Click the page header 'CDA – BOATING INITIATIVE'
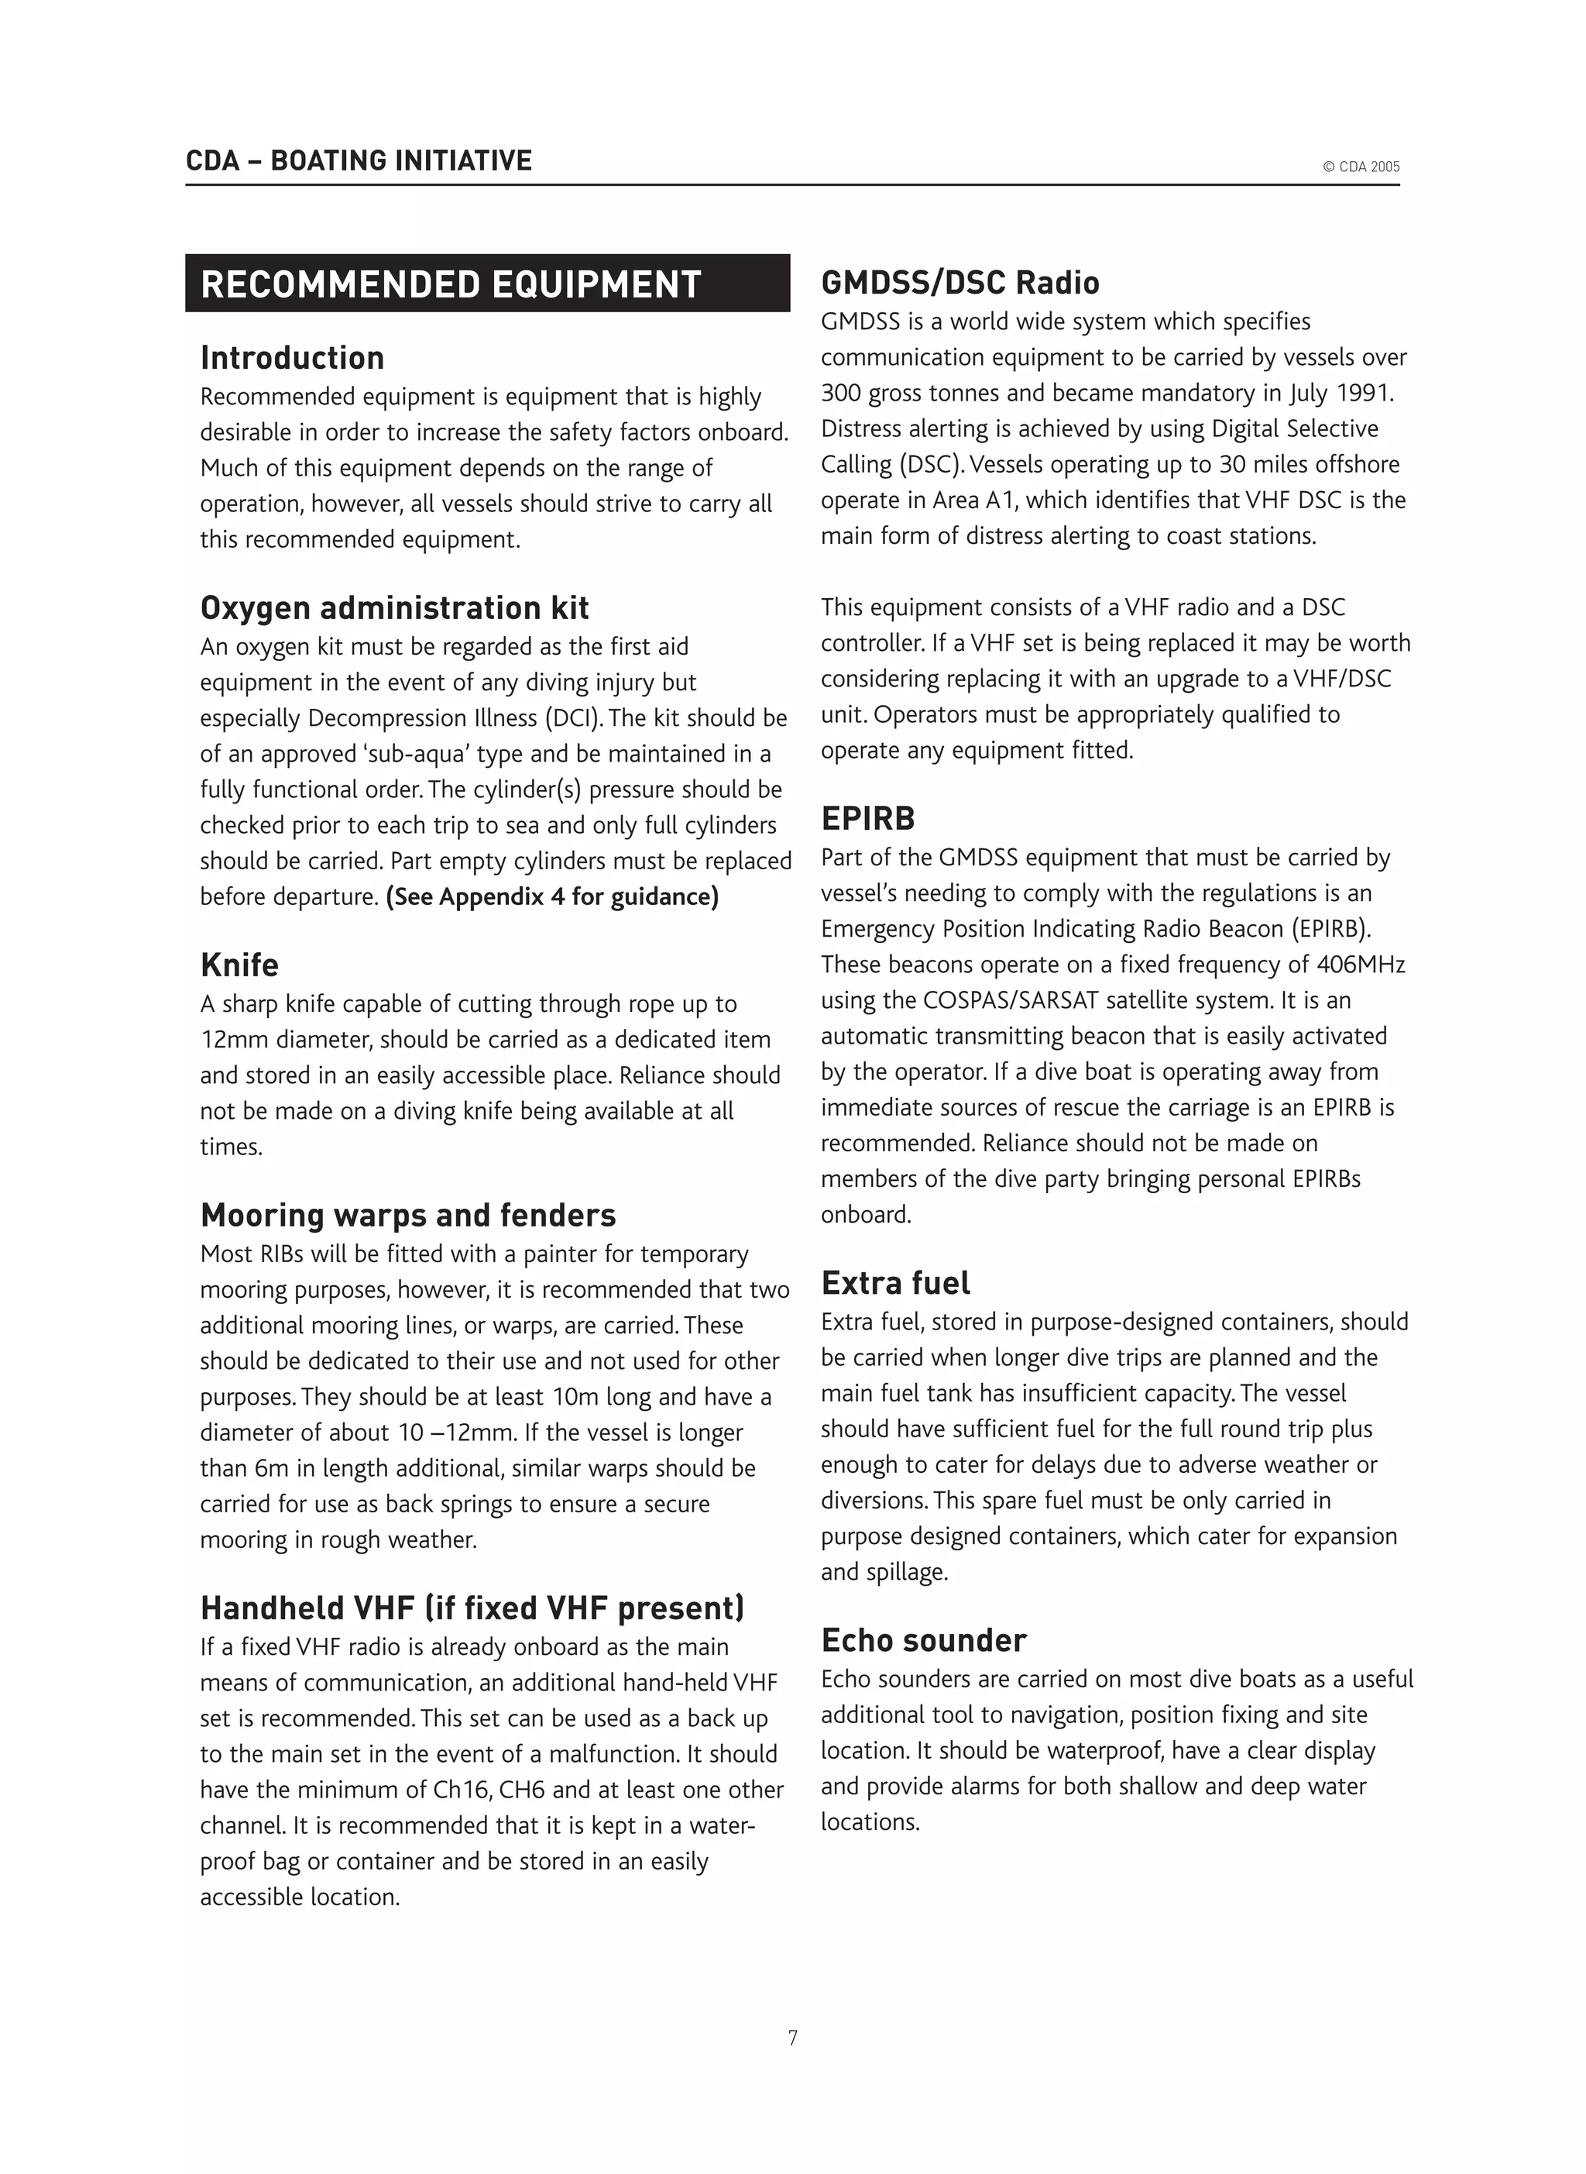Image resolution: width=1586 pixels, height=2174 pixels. (x=358, y=160)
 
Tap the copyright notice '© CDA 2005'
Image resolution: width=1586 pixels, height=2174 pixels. (x=1361, y=167)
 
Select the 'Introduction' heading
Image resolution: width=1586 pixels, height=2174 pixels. (x=292, y=358)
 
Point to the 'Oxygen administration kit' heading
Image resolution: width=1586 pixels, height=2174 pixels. (x=393, y=608)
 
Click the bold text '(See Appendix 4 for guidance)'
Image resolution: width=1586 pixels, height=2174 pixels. (x=552, y=897)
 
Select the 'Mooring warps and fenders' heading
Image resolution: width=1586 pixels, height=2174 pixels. (x=407, y=1216)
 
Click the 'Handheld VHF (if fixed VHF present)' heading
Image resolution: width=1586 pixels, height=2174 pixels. (x=472, y=1608)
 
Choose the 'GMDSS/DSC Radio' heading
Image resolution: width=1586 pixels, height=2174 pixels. (x=959, y=284)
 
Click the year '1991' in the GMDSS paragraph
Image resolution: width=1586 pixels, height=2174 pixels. (x=1363, y=394)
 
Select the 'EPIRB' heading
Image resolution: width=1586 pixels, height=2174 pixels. (x=867, y=819)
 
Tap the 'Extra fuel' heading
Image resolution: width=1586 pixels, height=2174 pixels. (x=894, y=1284)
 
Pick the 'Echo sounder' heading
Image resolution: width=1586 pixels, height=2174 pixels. (x=922, y=1641)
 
